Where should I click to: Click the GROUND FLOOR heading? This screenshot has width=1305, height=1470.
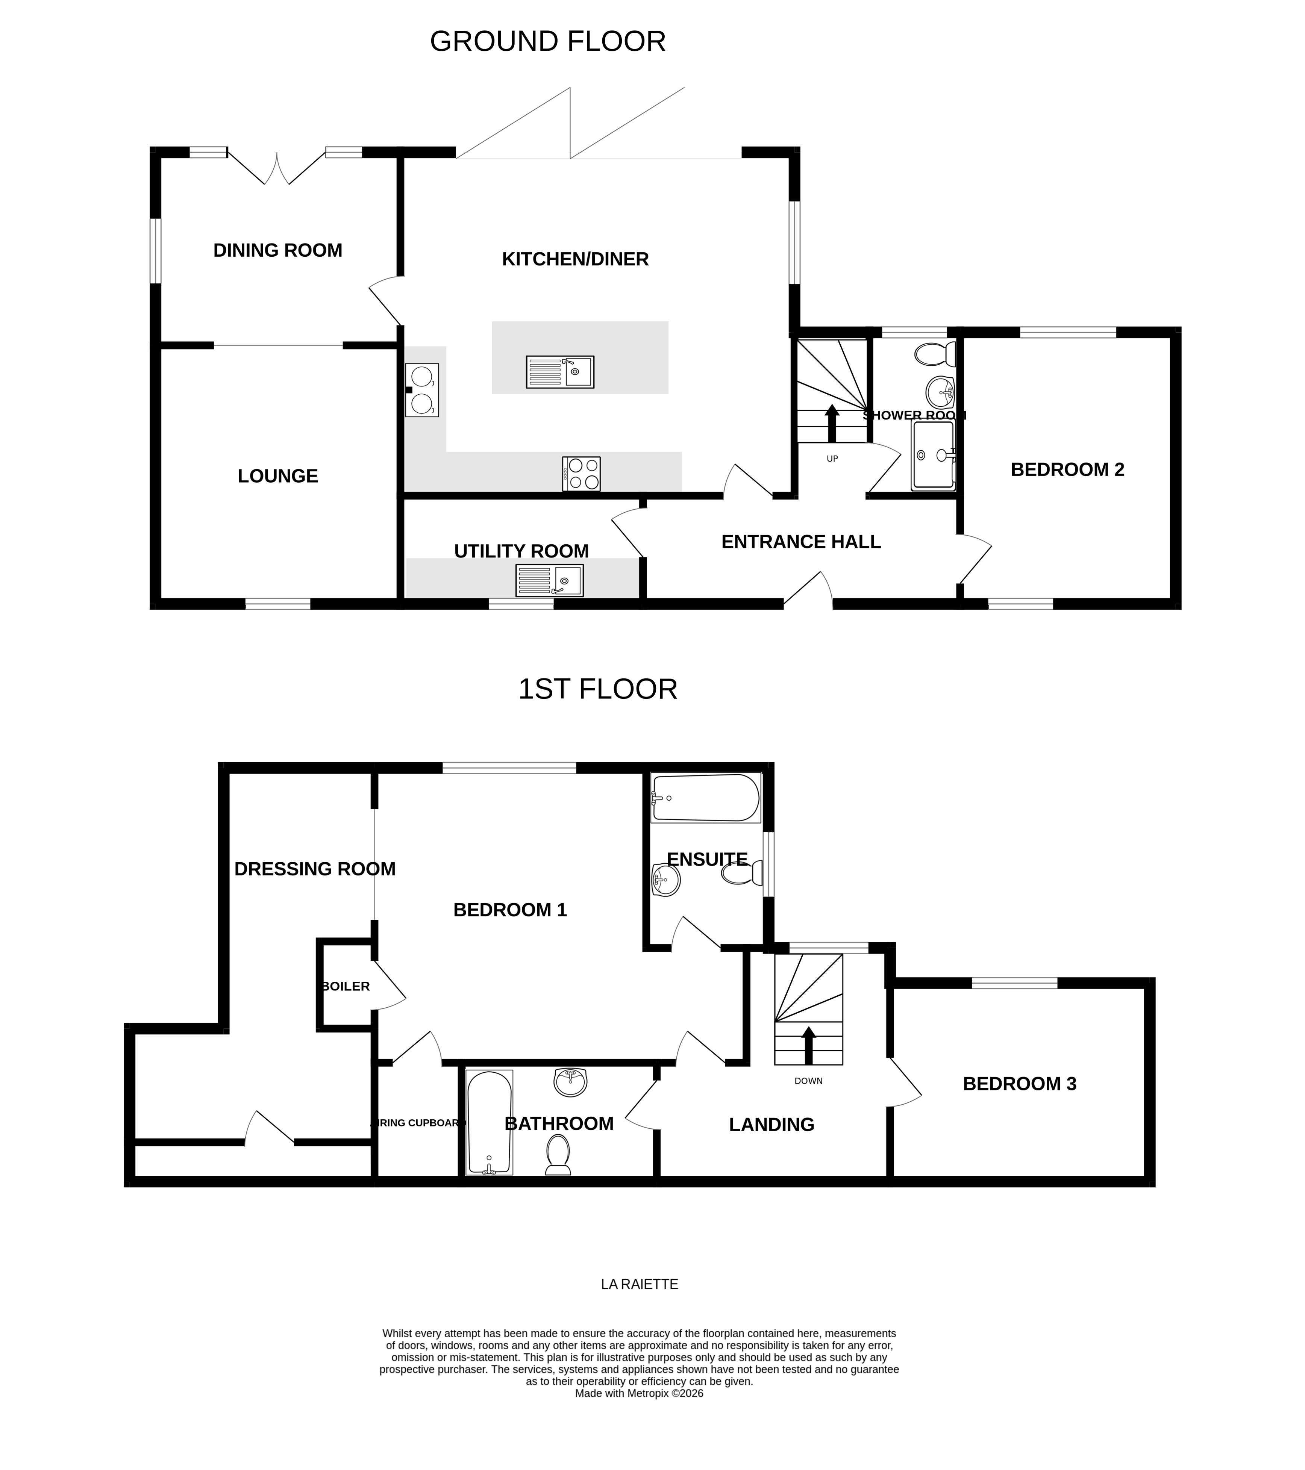click(x=547, y=42)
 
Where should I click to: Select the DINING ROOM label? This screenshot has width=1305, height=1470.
click(x=278, y=250)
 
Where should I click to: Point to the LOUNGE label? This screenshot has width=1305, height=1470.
click(x=278, y=476)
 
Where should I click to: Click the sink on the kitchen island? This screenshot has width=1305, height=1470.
click(x=560, y=372)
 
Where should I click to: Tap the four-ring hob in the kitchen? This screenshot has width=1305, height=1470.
click(x=581, y=474)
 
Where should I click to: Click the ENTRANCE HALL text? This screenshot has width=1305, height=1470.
click(x=801, y=542)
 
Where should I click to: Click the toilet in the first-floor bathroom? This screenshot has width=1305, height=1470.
click(x=558, y=1154)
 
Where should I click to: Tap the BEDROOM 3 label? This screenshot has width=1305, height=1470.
click(x=1019, y=1084)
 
